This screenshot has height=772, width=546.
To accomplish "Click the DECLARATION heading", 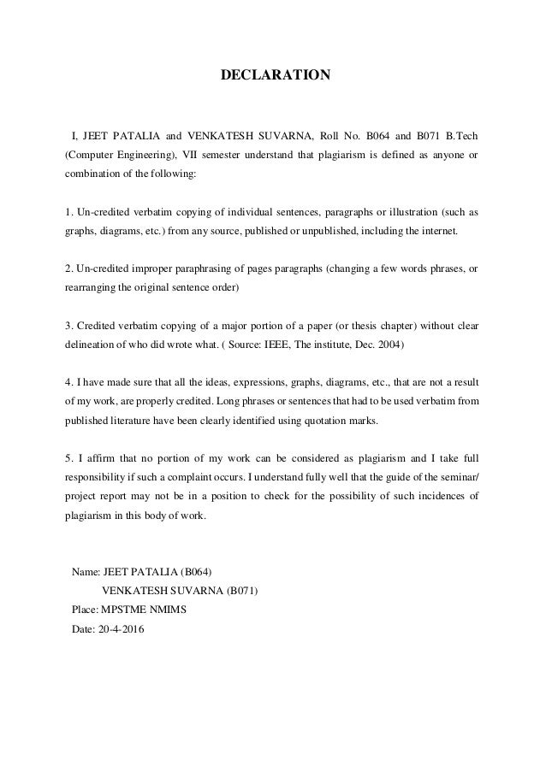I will [x=275, y=75].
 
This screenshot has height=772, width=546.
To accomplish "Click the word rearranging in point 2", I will [x=93, y=288].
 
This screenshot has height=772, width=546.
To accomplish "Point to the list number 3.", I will [x=68, y=326].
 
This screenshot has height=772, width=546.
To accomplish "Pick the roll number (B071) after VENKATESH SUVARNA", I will [x=242, y=590].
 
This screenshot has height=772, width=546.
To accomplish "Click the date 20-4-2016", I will [x=122, y=630].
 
